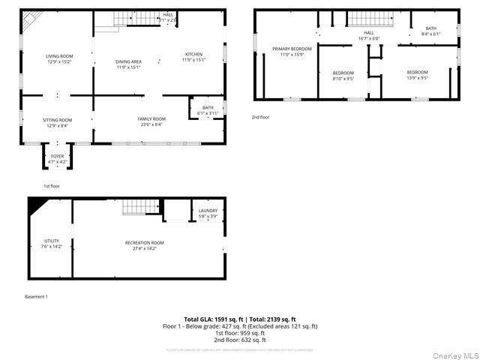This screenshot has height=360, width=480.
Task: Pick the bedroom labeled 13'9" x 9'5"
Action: (x=417, y=74)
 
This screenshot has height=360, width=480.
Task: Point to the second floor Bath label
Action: (x=430, y=31)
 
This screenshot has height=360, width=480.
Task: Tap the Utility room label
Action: (x=51, y=243)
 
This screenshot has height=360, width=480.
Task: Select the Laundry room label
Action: (x=208, y=213)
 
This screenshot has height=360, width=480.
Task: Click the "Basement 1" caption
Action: (x=36, y=297)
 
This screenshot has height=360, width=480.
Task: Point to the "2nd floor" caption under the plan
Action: (x=262, y=117)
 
